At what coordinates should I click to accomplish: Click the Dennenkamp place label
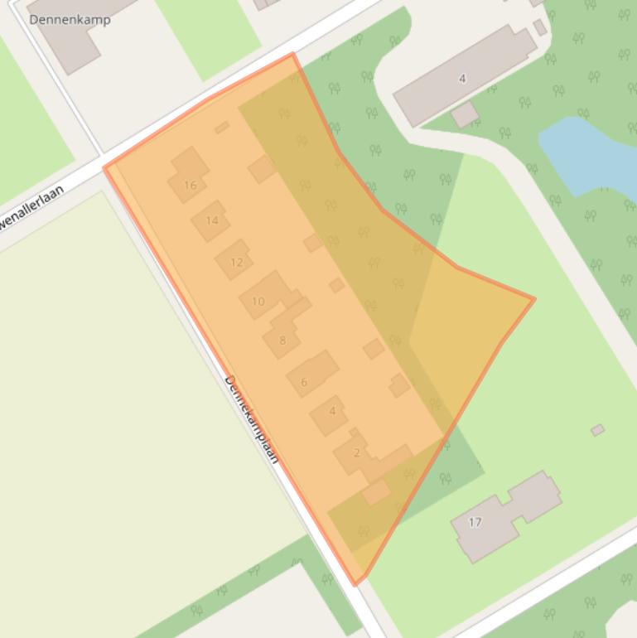coord(70,19)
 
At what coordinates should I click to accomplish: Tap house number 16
coord(191,185)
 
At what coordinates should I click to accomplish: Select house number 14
coord(212,220)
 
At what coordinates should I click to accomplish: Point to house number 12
coord(237,262)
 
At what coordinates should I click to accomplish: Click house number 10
coord(258,301)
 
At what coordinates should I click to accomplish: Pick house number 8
coord(282,340)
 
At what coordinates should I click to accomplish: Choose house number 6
coord(304,382)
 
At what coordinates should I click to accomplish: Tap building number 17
coord(475,522)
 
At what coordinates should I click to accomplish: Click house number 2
coord(357,452)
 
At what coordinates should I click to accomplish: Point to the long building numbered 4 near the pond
coord(462,78)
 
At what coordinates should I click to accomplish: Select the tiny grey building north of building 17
coord(597,430)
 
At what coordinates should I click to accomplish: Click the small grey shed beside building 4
coord(465,114)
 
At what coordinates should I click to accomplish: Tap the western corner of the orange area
coord(104,168)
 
